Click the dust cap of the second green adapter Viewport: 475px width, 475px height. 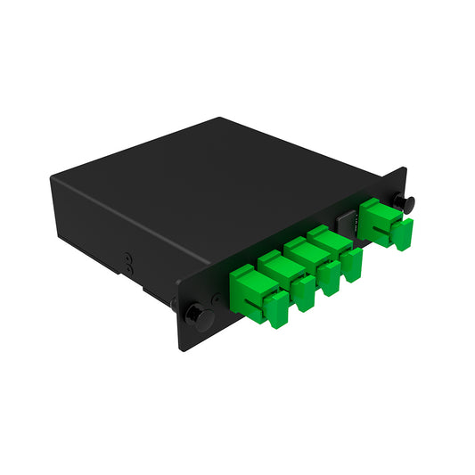click(x=305, y=294)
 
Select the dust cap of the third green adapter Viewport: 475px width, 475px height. click(x=331, y=279)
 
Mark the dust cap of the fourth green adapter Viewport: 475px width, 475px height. click(x=354, y=264)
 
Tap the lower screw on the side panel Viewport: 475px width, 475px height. click(x=128, y=266)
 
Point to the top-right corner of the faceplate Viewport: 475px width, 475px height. click(x=406, y=168)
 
